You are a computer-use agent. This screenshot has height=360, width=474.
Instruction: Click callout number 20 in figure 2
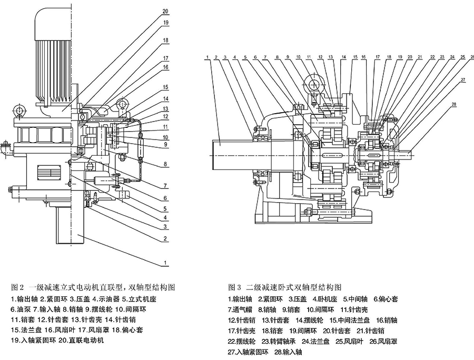click(x=165, y=11)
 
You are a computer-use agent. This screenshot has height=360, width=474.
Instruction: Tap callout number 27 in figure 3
click(x=448, y=80)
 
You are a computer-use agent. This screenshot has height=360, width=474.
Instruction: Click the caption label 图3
click(x=234, y=288)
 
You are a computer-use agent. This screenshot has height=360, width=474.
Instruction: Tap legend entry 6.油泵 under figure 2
click(x=22, y=309)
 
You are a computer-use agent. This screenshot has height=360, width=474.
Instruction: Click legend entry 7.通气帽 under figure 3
click(x=243, y=309)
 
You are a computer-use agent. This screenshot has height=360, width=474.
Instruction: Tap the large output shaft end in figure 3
click(x=232, y=156)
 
